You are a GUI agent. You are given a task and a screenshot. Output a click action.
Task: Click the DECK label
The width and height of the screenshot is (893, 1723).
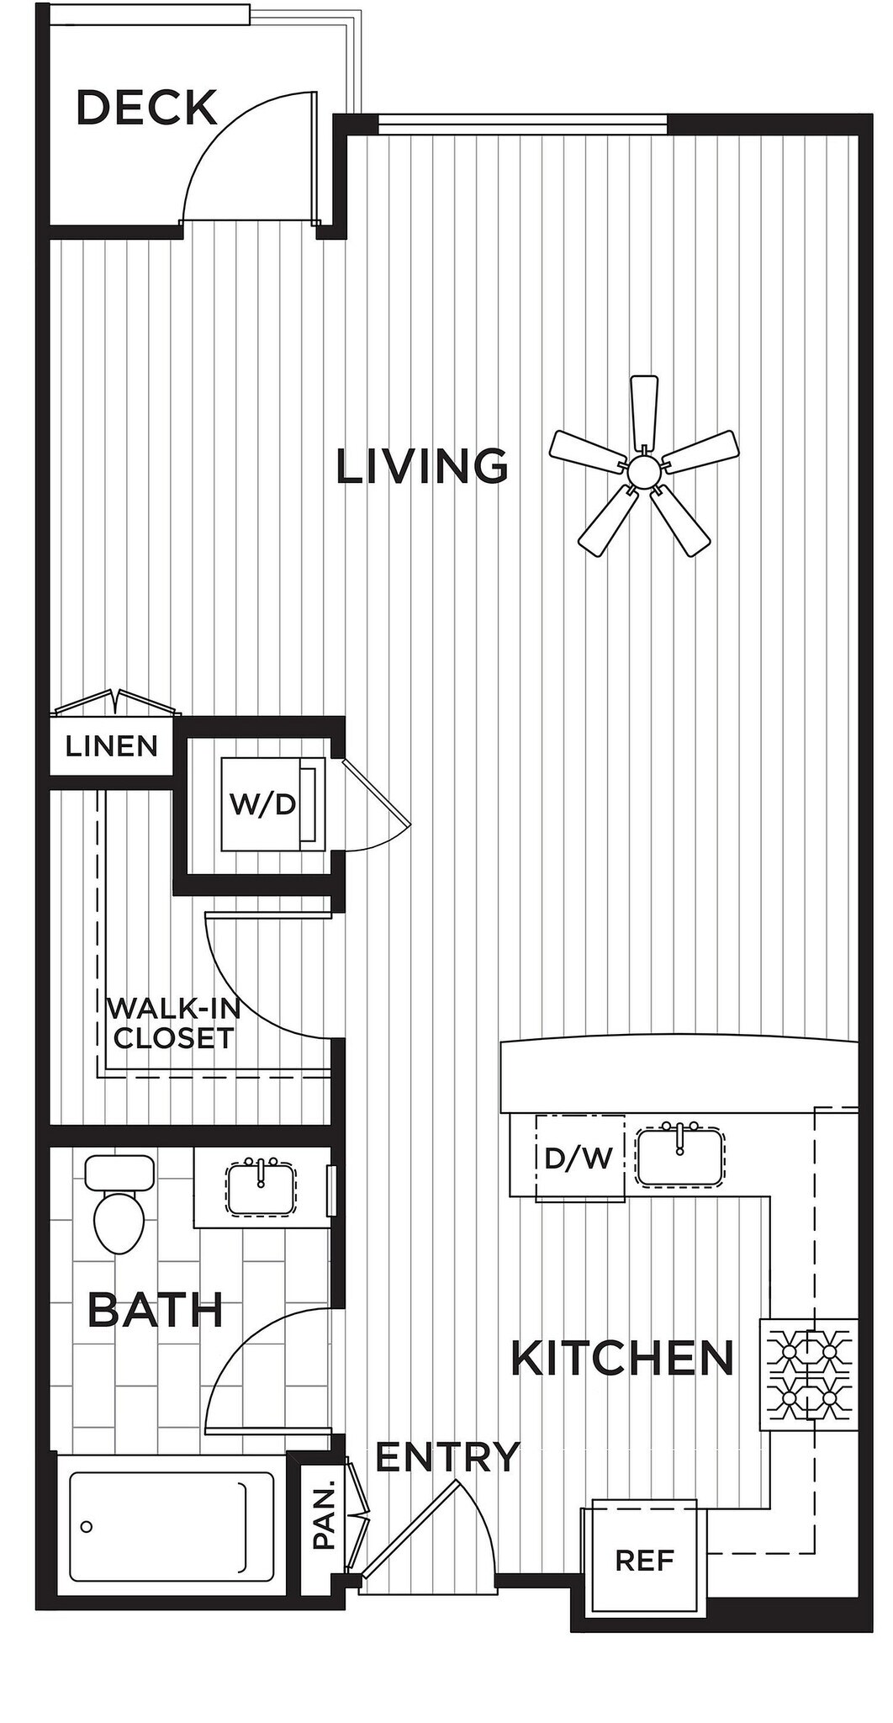coord(147,109)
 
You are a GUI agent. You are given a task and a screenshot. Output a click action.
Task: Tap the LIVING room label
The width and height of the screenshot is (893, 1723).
coord(422,467)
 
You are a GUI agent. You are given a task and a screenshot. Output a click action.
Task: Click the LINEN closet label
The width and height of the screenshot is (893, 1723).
coord(112,746)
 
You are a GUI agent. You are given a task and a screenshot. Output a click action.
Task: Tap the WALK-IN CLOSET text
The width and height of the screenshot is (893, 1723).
coord(174,1023)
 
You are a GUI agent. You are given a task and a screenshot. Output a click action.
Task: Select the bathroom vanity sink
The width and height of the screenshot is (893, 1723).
coord(261,1188)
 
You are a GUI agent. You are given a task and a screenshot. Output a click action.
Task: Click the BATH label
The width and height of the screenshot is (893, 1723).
coord(156,1310)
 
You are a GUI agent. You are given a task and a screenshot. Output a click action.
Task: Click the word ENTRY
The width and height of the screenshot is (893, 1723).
coord(447,1457)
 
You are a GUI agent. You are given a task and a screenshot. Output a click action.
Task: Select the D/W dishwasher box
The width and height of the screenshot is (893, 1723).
coord(579,1158)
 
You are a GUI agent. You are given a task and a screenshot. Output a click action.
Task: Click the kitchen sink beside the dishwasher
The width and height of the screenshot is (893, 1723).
coord(679,1157)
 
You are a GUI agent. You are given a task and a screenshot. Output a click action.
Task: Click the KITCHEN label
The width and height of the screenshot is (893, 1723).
coord(622,1358)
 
